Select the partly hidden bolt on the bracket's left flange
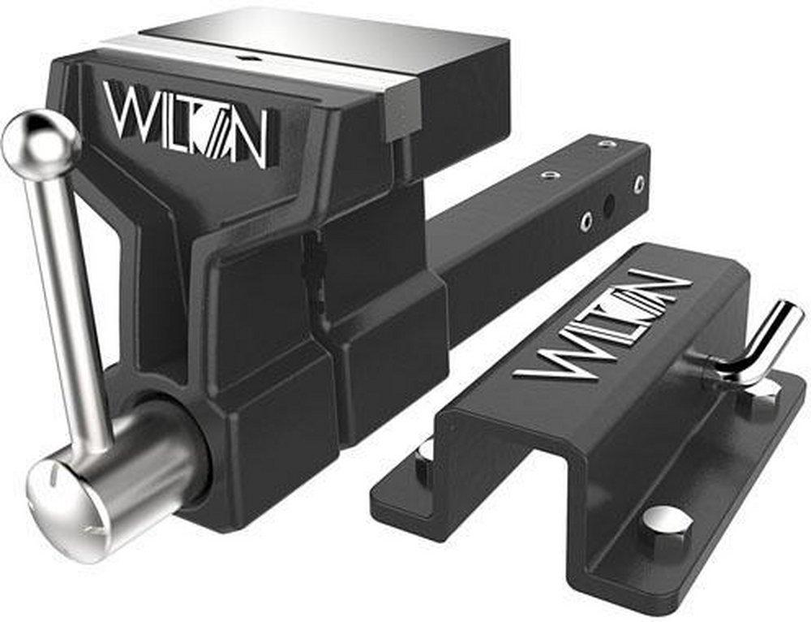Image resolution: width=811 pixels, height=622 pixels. pyautogui.click(x=423, y=459)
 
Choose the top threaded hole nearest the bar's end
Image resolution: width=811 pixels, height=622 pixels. pyautogui.click(x=607, y=144)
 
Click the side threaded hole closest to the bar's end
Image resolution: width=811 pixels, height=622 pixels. pyautogui.click(x=639, y=184)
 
